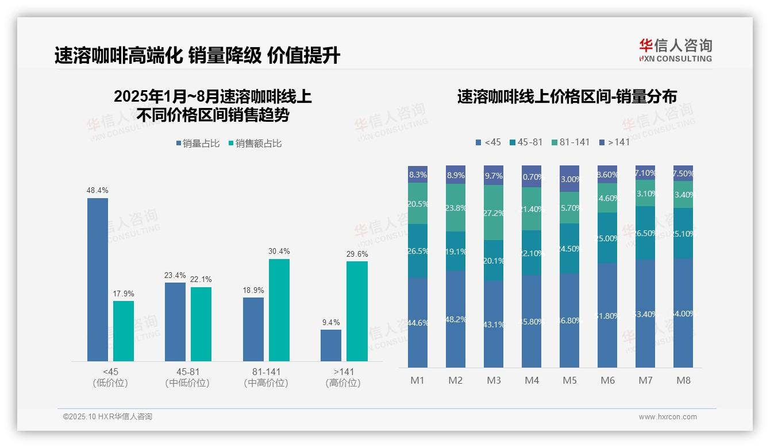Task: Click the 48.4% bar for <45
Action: [x=98, y=280]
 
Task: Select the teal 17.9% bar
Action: [x=124, y=331]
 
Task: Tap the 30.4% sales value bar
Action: [x=279, y=310]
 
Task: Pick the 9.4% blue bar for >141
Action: [x=331, y=345]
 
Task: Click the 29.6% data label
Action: [x=357, y=254]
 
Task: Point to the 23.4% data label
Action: [x=175, y=275]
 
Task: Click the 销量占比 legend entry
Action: [x=198, y=144]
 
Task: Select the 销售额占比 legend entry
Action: [x=255, y=144]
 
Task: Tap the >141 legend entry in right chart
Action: [x=614, y=142]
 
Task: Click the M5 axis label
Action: [x=569, y=380]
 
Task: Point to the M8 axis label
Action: [x=683, y=380]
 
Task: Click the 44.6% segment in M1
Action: [x=418, y=323]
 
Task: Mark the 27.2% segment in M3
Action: [x=494, y=213]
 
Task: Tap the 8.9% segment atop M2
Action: [x=456, y=175]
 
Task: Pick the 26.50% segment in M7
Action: [x=645, y=233]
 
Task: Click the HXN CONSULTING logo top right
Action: [x=675, y=50]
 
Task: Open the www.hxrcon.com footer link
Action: [x=668, y=417]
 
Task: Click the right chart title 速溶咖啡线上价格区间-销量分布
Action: [x=567, y=96]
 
